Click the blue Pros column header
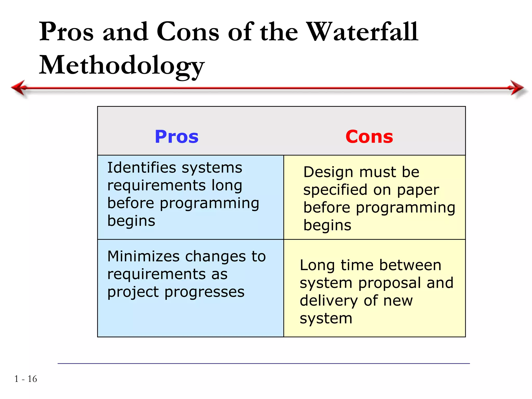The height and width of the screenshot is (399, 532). [x=176, y=137]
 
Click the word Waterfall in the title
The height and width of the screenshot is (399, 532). [x=363, y=32]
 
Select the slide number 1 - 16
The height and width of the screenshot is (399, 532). [x=26, y=379]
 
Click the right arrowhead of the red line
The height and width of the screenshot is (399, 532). [x=517, y=88]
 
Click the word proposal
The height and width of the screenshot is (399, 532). [x=390, y=283]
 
